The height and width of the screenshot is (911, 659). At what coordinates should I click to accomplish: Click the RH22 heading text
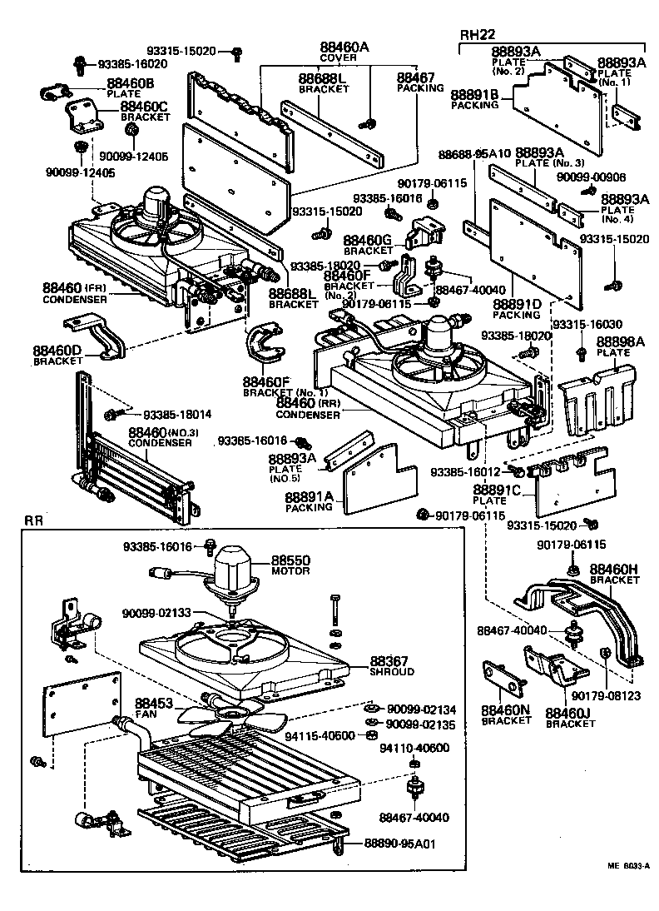tap(478, 34)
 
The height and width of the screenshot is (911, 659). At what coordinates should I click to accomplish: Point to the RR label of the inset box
tap(33, 520)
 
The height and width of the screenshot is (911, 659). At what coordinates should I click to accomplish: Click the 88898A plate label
tap(621, 341)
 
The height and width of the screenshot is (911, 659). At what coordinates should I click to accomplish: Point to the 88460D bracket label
tap(57, 351)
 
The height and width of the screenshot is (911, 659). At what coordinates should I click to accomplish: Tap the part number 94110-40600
tap(414, 748)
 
